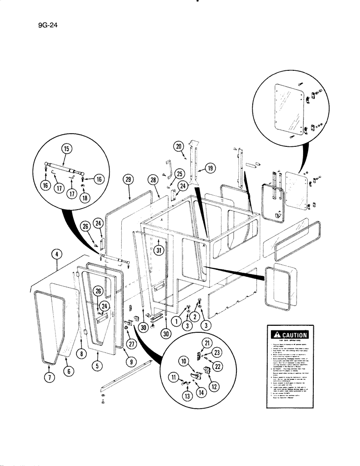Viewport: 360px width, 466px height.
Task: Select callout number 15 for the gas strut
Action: pyautogui.click(x=65, y=150)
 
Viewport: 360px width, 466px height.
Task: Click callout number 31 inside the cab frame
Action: pyautogui.click(x=159, y=250)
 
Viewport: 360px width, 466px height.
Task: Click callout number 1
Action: pyautogui.click(x=176, y=321)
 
